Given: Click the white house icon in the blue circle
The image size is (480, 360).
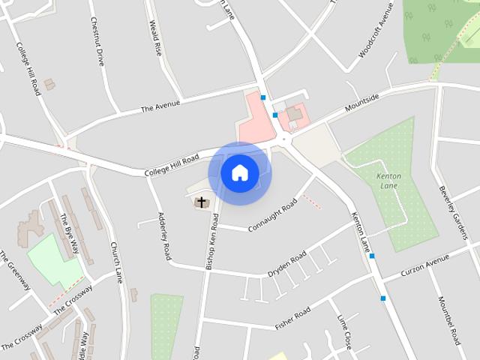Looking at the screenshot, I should coord(239,172).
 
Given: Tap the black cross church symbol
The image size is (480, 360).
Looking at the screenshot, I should coord(201,202).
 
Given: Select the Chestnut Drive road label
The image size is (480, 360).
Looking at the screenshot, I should coord(97,42).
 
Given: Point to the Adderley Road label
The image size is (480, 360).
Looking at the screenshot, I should coord(165,235).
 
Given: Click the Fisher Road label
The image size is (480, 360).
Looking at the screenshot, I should coord(292,318).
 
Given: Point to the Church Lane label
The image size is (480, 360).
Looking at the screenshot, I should coord(115,262).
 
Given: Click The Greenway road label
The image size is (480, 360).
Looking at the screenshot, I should coord(15,270).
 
